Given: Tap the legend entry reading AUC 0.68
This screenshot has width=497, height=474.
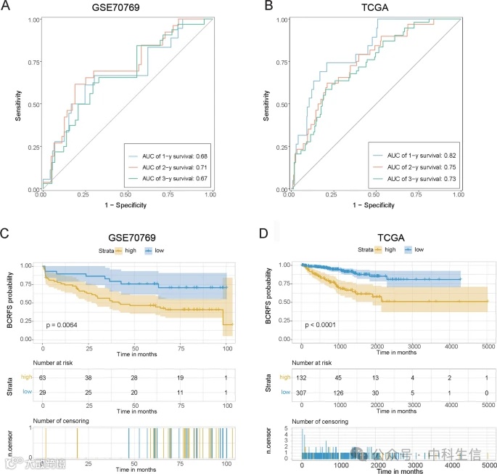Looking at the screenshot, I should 170,156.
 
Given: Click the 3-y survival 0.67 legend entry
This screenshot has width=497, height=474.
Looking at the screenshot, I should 170,179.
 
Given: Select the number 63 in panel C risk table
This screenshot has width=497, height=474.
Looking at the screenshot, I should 44,378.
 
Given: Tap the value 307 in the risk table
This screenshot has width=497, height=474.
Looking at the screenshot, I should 303,391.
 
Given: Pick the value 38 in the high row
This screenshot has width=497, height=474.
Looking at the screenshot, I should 89,378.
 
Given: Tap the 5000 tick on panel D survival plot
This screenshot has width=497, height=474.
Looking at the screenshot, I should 488,348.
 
